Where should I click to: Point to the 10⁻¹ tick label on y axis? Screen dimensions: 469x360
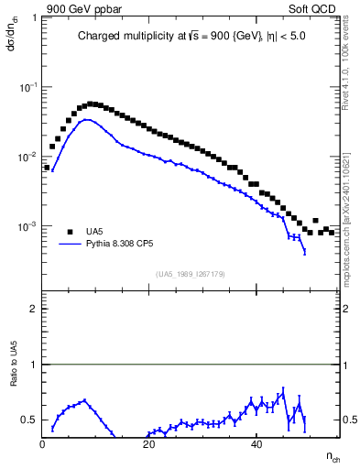27,87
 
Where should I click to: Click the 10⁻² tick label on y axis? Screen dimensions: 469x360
27,157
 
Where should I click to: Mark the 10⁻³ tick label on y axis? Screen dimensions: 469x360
27,226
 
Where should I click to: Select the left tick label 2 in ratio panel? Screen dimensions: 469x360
34,309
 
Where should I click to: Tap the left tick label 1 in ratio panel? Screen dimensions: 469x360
34,365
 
